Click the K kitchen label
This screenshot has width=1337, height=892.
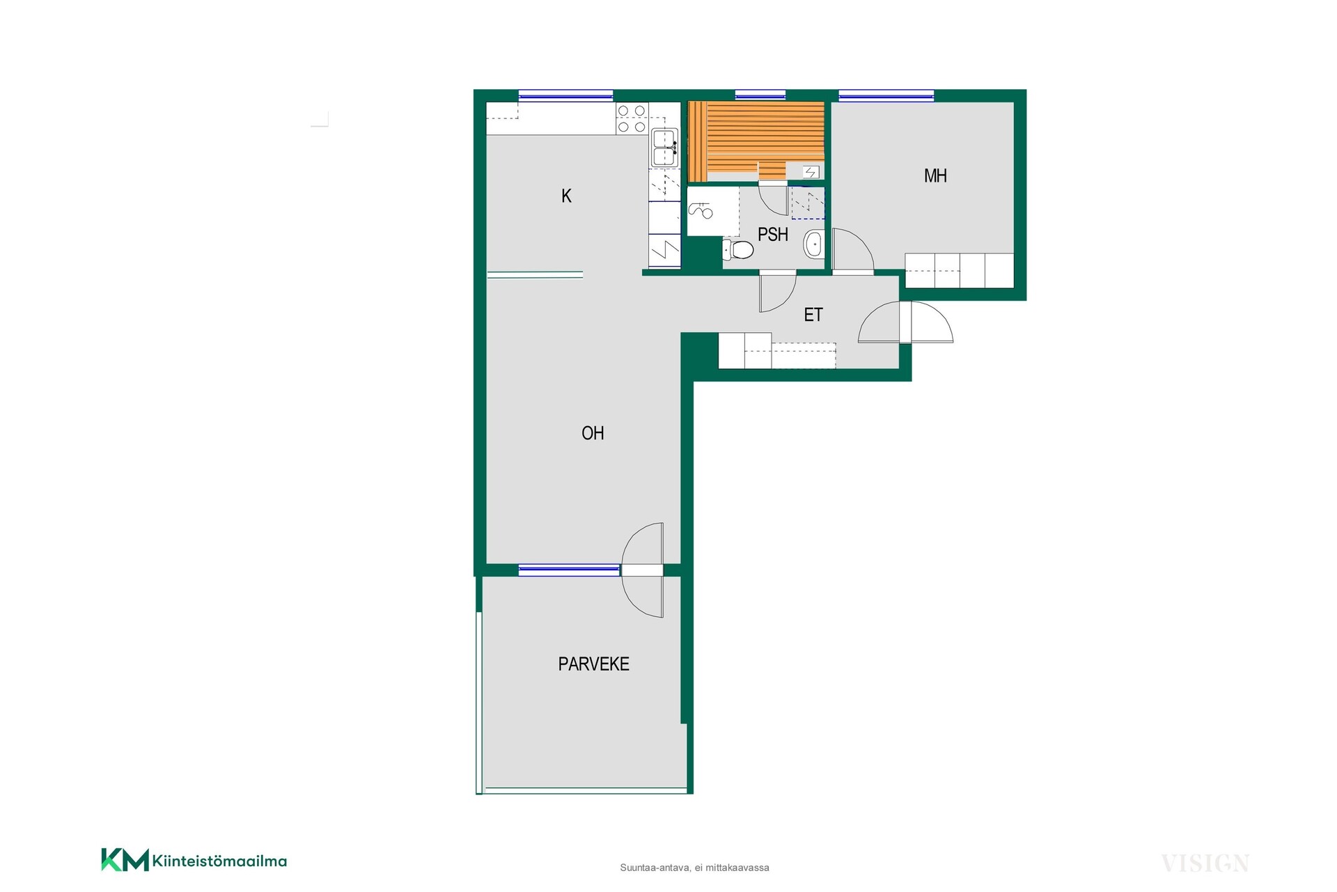click(566, 196)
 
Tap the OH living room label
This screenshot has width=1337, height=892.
click(593, 433)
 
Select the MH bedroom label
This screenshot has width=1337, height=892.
click(935, 176)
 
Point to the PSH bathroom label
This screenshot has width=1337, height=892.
click(773, 235)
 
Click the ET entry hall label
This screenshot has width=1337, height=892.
click(813, 315)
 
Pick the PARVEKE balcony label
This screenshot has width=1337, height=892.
click(593, 664)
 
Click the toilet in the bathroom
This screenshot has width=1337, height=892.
click(738, 249)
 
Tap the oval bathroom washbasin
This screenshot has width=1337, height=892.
click(813, 244)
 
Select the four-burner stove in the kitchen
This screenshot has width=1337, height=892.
click(632, 118)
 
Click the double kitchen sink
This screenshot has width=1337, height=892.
click(665, 148)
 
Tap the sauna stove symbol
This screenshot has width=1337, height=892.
click(811, 172)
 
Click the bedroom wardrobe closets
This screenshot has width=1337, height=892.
click(959, 271)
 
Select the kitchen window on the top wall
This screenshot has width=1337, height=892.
click(565, 96)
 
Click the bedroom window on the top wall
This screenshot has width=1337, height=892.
click(886, 96)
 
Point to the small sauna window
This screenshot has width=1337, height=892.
click(760, 96)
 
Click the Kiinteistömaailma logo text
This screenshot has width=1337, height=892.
click(219, 861)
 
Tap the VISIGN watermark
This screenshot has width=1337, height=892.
click(1205, 863)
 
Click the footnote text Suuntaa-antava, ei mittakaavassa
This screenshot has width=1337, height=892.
click(694, 868)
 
